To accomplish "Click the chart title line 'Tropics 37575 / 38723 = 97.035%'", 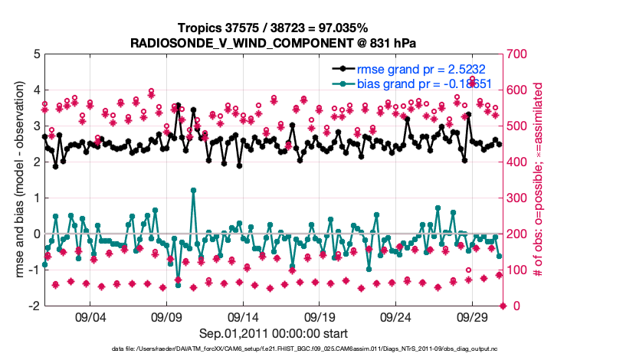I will click(x=274, y=28).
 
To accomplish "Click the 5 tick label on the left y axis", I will click(x=36, y=54).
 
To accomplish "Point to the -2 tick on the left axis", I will click(x=34, y=306).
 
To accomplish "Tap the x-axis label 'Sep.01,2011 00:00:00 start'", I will click(x=274, y=333).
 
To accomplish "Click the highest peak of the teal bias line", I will click(x=193, y=190).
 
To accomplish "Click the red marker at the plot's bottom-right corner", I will click(x=503, y=306).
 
